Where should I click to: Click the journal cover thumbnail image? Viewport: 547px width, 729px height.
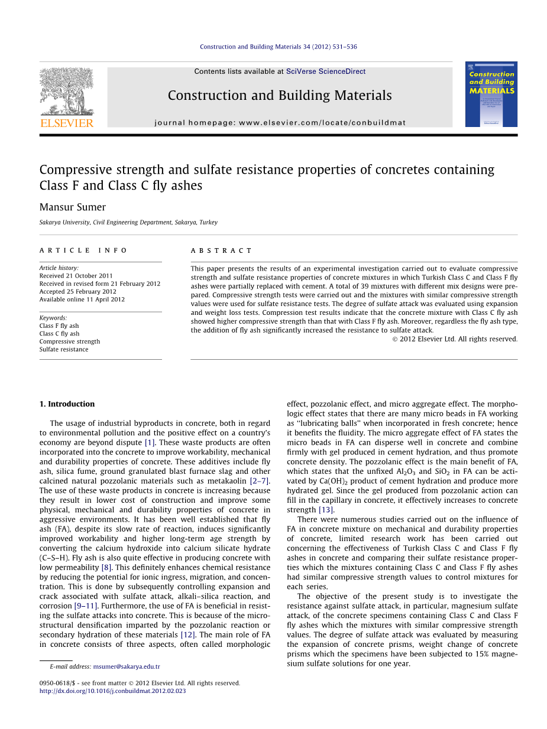tap(491, 94)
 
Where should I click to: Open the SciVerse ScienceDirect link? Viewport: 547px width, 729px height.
tap(325, 71)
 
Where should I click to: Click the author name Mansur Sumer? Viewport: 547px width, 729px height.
tap(73, 207)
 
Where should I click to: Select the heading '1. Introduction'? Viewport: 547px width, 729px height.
tap(67, 404)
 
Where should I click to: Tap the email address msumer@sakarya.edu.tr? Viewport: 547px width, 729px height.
tap(127, 666)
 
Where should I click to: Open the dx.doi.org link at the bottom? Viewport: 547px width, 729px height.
tap(112, 691)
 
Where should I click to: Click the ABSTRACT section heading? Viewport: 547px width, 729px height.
tap(221, 250)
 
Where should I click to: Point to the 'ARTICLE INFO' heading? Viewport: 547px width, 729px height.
tap(83, 250)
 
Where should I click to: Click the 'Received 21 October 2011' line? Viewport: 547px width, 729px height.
tap(76, 276)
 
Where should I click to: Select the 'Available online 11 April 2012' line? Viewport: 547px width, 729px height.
tap(82, 299)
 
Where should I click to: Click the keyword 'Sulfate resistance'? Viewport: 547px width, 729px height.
tap(64, 349)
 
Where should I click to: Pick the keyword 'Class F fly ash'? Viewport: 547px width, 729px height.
tap(59, 326)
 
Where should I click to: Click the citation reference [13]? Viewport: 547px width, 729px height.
tap(326, 510)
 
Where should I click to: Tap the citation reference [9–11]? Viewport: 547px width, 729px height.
tap(85, 606)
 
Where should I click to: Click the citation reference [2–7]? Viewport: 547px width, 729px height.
tap(260, 481)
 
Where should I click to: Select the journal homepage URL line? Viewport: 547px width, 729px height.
tap(280, 123)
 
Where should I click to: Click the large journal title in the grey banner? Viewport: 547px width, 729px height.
tap(280, 96)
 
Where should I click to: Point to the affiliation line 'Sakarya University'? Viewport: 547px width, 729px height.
tap(128, 223)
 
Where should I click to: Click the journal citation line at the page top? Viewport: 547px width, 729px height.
tap(278, 47)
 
